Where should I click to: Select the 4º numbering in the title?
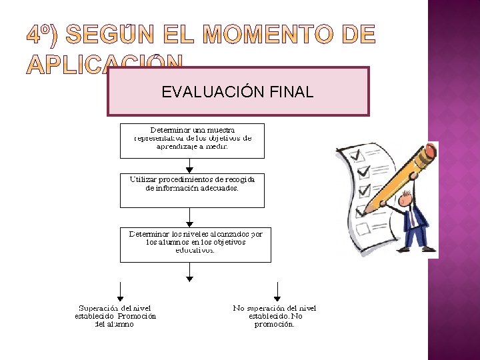coord(43,35)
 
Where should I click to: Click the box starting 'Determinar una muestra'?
coord(192,140)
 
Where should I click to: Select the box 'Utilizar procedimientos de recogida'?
coord(192,191)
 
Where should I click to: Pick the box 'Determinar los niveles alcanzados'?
coord(195,244)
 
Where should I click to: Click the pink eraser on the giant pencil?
coord(431,151)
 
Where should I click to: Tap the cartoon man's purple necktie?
coord(413,217)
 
